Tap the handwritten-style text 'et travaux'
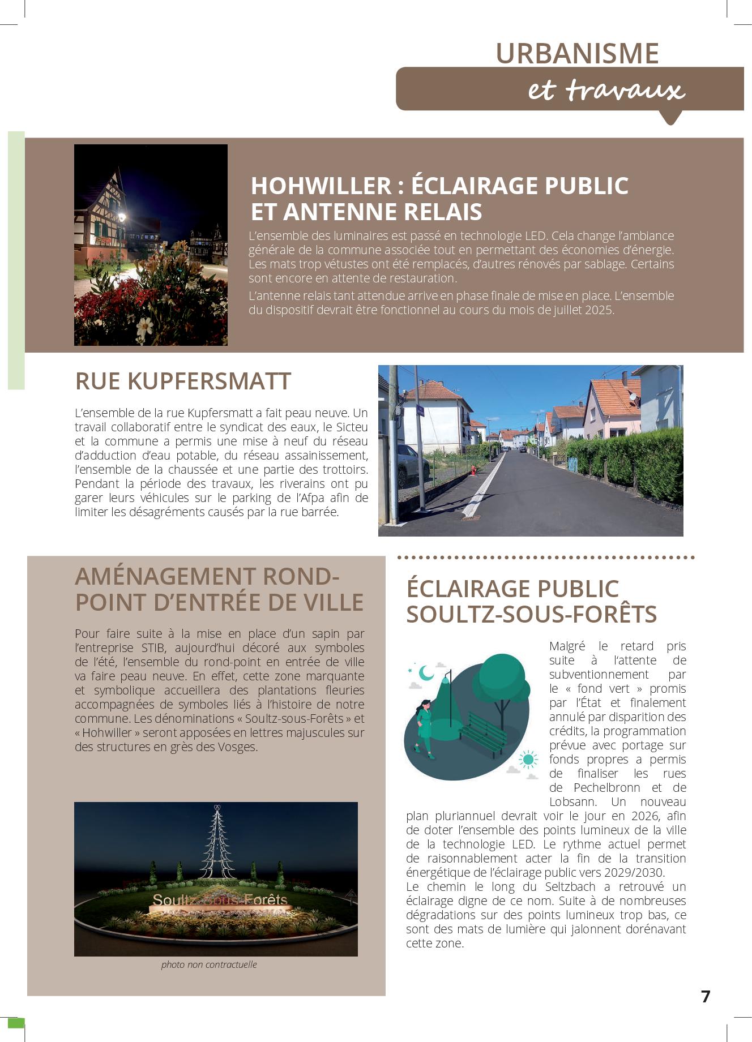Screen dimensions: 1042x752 (x=606, y=91)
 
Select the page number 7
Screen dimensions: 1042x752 (x=705, y=997)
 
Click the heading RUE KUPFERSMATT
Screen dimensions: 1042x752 (x=182, y=381)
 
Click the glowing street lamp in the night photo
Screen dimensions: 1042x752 (x=121, y=217)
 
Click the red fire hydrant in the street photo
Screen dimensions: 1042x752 (x=473, y=470)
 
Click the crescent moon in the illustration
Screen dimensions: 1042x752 (x=426, y=672)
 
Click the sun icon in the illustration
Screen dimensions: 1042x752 (x=528, y=759)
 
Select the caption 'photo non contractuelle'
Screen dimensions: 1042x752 (x=208, y=964)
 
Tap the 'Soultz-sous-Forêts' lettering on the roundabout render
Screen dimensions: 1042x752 (x=220, y=900)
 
